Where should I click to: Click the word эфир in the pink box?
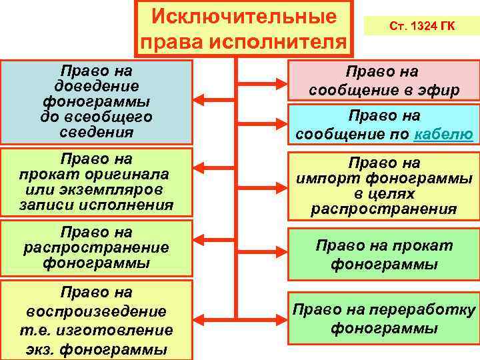pos(439,90)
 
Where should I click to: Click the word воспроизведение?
pos(97,311)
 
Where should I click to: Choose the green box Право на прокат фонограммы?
pos(384,255)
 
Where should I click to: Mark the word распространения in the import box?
pos(384,209)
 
